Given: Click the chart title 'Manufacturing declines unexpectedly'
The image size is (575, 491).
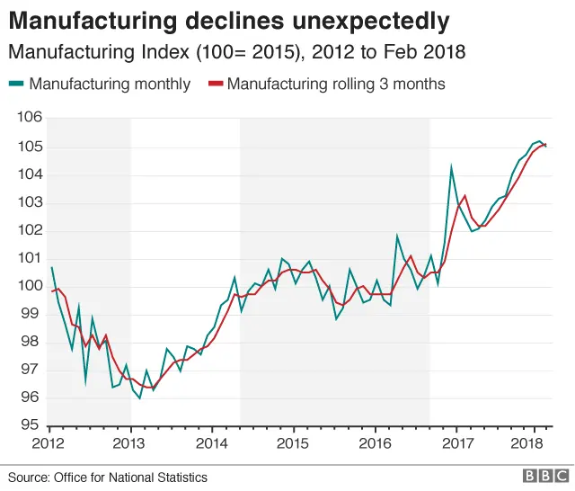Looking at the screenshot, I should pyautogui.click(x=229, y=19).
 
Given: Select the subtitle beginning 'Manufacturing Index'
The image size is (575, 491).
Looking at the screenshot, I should pyautogui.click(x=237, y=52).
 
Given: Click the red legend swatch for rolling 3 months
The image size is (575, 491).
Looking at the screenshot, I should pyautogui.click(x=215, y=85).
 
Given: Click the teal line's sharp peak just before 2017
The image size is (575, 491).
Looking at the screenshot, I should pyautogui.click(x=451, y=166).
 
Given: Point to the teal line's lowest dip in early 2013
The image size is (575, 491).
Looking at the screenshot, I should pyautogui.click(x=140, y=397).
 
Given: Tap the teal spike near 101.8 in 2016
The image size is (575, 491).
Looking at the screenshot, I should pyautogui.click(x=397, y=237).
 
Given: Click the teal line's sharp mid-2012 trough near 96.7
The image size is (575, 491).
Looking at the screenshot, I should pyautogui.click(x=86, y=381).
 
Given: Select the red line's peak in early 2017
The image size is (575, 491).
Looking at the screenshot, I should pyautogui.click(x=464, y=195).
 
